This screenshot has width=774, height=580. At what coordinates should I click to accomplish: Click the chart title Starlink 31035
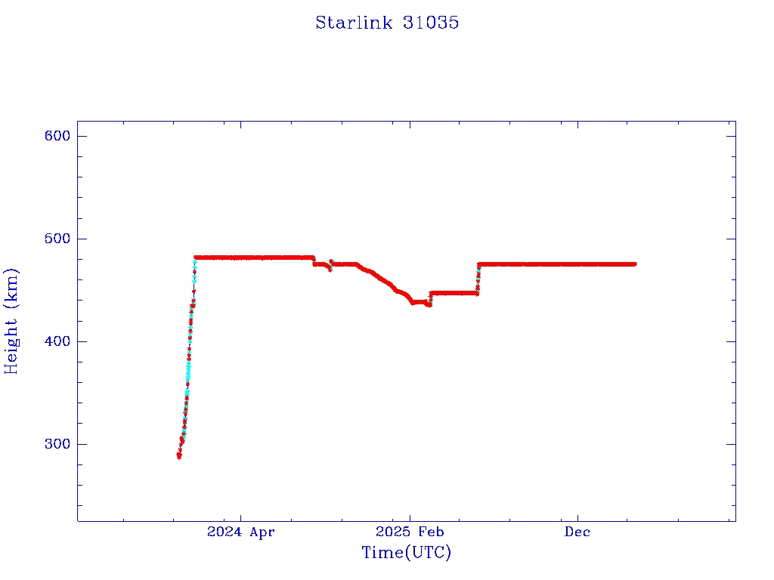pyautogui.click(x=387, y=23)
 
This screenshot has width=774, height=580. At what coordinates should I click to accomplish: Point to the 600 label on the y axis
pyautogui.click(x=57, y=136)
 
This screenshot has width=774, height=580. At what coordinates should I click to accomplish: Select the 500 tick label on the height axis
pyautogui.click(x=57, y=239)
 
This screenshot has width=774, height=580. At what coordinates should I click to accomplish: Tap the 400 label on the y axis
pyautogui.click(x=57, y=341)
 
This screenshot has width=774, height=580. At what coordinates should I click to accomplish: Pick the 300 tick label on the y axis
pyautogui.click(x=57, y=444)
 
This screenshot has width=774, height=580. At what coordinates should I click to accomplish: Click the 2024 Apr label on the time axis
pyautogui.click(x=241, y=532)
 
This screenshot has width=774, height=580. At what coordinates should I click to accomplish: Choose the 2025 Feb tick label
pyautogui.click(x=410, y=532)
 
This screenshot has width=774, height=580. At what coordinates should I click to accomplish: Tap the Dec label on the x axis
pyautogui.click(x=577, y=532)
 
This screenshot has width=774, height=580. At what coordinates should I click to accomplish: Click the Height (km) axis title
pyautogui.click(x=11, y=321)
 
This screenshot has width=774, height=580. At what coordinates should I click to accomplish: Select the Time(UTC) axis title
pyautogui.click(x=406, y=553)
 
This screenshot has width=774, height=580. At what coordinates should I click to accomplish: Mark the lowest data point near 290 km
pyautogui.click(x=179, y=455)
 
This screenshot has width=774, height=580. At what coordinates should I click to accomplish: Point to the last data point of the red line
pyautogui.click(x=634, y=264)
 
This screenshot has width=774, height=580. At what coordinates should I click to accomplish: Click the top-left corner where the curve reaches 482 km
pyautogui.click(x=196, y=258)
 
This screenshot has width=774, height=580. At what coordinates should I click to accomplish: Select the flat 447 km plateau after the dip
pyautogui.click(x=454, y=293)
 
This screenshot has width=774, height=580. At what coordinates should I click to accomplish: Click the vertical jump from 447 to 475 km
pyautogui.click(x=478, y=278)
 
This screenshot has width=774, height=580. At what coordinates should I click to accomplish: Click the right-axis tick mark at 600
pyautogui.click(x=731, y=136)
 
